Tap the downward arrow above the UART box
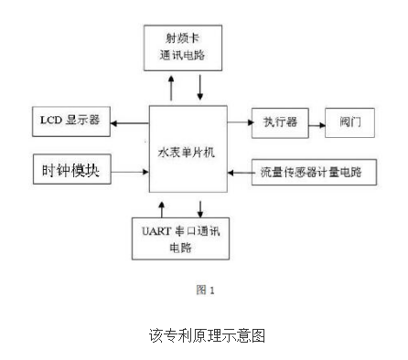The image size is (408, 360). point(199,204)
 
